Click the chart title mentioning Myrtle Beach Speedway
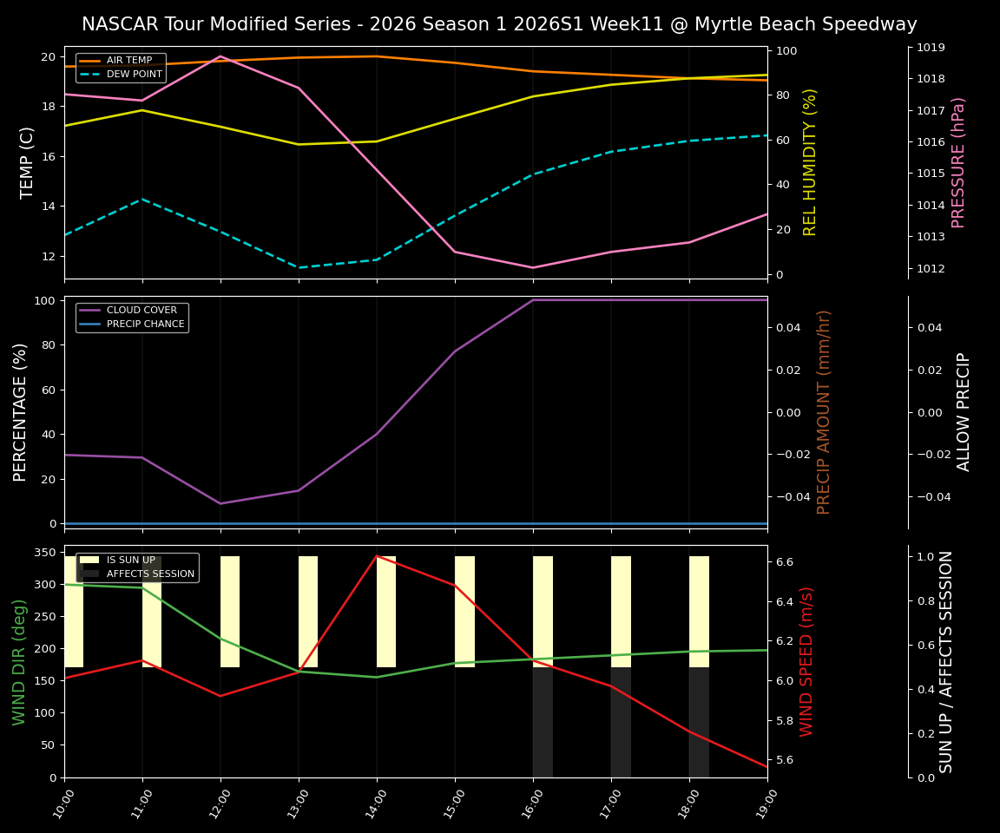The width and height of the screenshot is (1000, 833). (x=499, y=24)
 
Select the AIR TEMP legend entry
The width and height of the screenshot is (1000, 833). (x=128, y=61)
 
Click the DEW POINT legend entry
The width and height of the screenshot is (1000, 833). (x=134, y=75)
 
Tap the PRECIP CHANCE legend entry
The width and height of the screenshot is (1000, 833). (x=145, y=325)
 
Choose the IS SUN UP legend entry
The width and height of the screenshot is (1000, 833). (x=130, y=561)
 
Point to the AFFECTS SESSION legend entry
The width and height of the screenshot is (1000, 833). (x=150, y=574)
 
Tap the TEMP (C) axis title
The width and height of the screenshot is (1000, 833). (x=28, y=162)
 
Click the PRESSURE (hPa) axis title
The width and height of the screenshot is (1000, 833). (x=958, y=162)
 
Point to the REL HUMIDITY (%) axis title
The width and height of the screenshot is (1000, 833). (x=810, y=162)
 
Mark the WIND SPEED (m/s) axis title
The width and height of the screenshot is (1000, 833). (x=807, y=661)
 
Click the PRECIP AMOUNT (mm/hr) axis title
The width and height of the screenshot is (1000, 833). (x=824, y=412)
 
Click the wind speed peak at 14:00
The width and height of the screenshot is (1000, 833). (x=377, y=556)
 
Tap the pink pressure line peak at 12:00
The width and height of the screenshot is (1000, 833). (x=220, y=56)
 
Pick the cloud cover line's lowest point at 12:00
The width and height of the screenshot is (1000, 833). (x=220, y=503)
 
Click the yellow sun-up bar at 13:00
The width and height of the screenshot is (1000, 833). (x=308, y=612)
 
